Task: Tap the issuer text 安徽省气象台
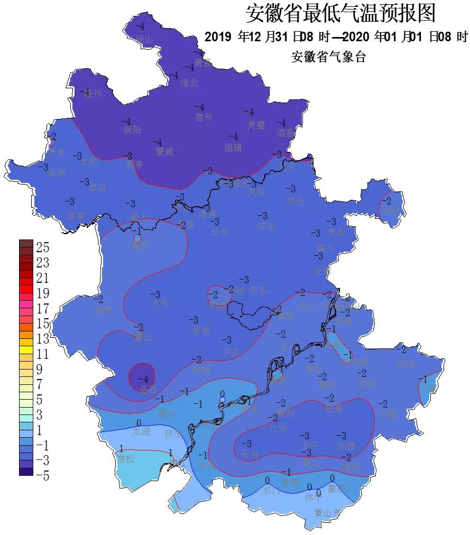click(328, 57)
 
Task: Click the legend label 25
click(42, 247)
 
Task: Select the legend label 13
click(42, 338)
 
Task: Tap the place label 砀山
click(144, 40)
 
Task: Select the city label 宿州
click(204, 117)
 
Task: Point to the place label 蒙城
click(164, 152)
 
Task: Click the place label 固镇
click(233, 147)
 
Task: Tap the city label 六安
click(160, 303)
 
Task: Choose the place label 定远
click(268, 226)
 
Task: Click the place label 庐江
click(231, 351)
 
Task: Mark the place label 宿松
click(126, 459)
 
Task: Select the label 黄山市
click(327, 513)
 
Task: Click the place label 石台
click(250, 454)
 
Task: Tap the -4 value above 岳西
click(143, 379)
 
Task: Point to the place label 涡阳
click(132, 130)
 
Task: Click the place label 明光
click(296, 200)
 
